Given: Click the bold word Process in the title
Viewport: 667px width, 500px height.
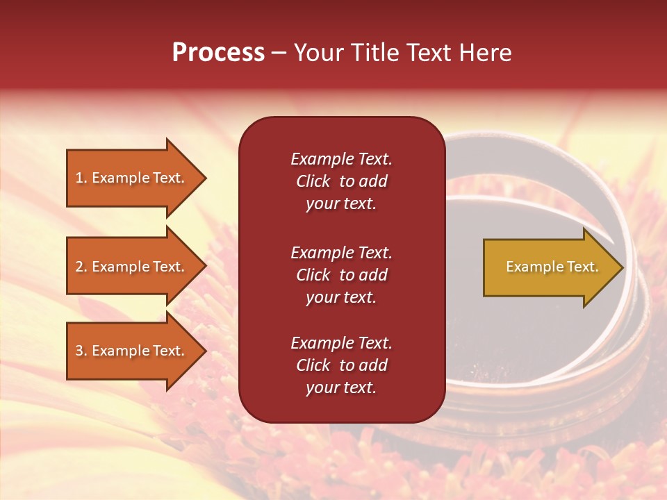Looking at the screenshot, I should (218, 53).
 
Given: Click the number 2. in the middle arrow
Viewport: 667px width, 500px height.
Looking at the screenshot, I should (81, 267).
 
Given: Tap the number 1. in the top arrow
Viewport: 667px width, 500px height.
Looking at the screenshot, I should (81, 178).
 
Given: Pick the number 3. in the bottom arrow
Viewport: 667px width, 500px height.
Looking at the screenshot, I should (81, 351).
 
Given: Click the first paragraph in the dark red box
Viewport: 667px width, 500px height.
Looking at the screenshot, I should (341, 181).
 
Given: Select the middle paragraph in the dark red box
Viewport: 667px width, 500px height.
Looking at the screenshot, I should (341, 275).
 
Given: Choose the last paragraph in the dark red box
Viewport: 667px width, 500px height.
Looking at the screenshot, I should (341, 365).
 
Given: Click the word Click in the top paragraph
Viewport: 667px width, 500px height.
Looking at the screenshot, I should (313, 181).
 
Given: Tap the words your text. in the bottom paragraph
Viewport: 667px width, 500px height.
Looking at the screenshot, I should (341, 387).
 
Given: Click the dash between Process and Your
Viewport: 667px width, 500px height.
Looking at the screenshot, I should (279, 53).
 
